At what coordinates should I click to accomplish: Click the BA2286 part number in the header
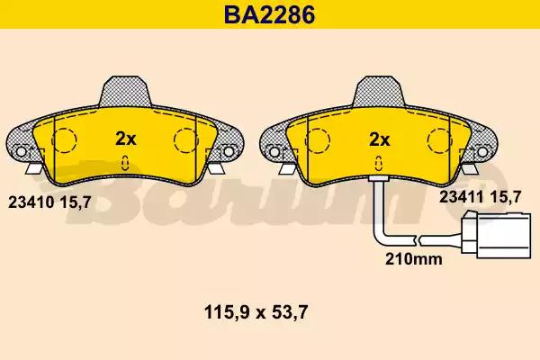(x=270, y=14)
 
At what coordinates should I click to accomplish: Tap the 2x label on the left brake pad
(x=126, y=139)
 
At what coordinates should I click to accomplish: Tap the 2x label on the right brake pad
(x=379, y=139)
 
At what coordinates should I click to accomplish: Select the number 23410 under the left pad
(x=31, y=202)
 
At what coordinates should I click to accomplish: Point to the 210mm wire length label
(x=414, y=258)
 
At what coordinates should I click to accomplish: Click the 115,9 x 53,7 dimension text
(x=256, y=313)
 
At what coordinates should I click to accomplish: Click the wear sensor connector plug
(x=496, y=235)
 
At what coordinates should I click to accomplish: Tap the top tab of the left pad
(x=125, y=91)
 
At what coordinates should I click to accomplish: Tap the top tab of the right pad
(x=379, y=91)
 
